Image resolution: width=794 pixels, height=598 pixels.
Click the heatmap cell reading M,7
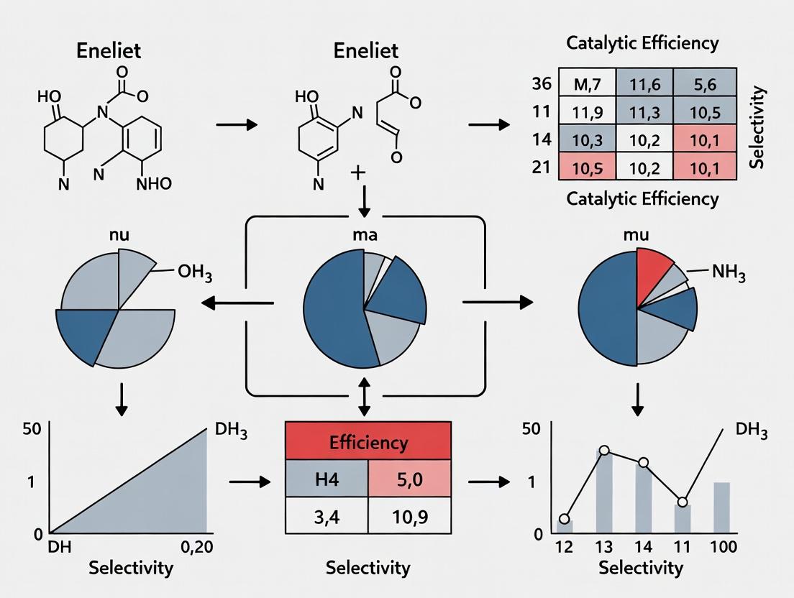pos(588,83)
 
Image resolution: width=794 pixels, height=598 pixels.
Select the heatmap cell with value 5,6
pos(705,83)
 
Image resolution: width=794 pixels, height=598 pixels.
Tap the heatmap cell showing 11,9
pos(588,111)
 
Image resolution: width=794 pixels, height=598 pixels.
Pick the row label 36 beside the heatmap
pos(542,83)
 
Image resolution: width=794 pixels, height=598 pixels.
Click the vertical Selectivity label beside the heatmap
pos(757,126)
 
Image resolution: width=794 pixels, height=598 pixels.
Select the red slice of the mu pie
pos(653,273)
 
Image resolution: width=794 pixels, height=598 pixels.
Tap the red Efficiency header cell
pos(368,441)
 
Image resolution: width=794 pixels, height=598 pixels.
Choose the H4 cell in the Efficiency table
pos(327,479)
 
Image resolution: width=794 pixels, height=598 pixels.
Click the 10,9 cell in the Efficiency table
pos(410,515)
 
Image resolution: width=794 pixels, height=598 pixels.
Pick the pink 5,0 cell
pos(410,479)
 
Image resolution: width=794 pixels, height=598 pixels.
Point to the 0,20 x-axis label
pos(197,547)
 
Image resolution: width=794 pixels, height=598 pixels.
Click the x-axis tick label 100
pos(723,547)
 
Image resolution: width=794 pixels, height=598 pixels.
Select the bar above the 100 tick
pos(722,507)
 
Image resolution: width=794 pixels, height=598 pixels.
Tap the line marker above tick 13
pos(604,450)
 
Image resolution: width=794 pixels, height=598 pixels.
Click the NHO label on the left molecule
pos(154,184)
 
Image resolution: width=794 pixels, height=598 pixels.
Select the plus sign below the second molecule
pos(358,173)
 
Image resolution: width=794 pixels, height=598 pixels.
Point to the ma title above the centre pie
pos(365,235)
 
